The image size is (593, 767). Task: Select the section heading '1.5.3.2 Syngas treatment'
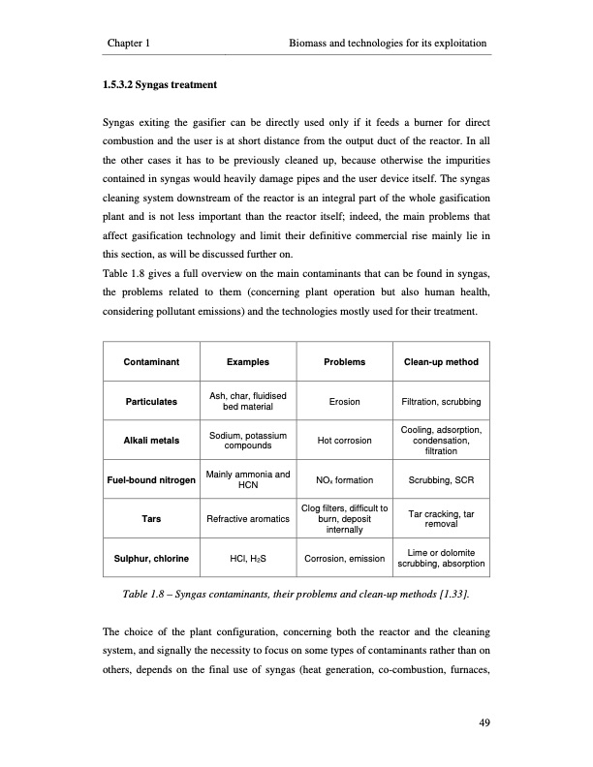159,85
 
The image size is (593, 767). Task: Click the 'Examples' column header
248,362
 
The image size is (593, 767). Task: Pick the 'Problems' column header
345,362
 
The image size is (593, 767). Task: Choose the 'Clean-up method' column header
442,362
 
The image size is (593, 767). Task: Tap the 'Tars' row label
150,519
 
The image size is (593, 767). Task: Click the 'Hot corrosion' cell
345,441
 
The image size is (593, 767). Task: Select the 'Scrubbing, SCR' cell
442,480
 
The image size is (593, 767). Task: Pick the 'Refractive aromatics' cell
248,519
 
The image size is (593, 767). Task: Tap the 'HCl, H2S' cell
248,559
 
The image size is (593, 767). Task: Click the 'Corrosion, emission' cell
345,559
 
